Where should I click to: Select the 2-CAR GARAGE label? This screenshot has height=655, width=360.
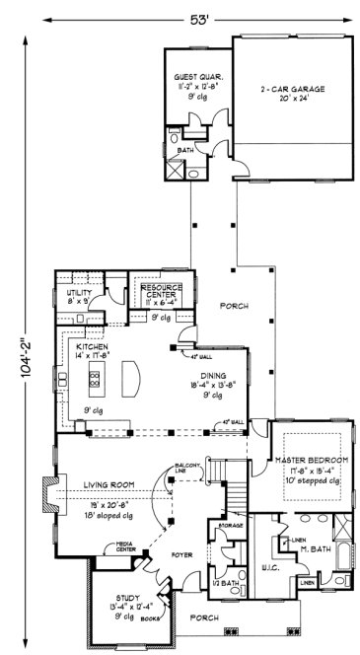coord(292,89)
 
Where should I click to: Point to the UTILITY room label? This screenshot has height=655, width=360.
coord(79,293)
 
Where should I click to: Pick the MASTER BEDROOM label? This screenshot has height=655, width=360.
coord(312,461)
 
